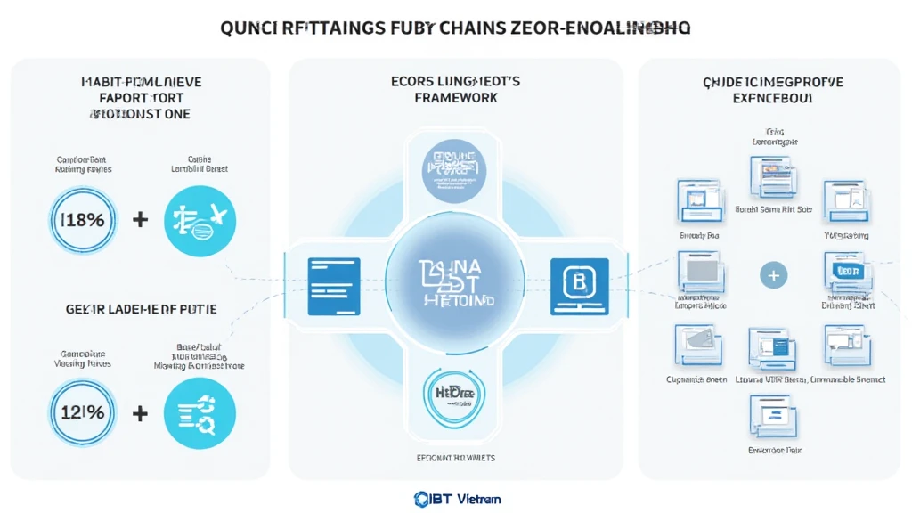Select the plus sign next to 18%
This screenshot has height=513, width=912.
(x=140, y=218)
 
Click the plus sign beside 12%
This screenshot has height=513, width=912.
(x=140, y=413)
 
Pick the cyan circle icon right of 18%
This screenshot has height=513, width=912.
(x=199, y=218)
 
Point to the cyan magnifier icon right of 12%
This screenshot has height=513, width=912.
(x=199, y=412)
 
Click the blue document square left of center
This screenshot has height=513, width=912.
(x=334, y=286)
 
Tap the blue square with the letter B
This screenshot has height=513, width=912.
(x=579, y=286)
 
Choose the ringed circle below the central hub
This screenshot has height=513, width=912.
(x=455, y=402)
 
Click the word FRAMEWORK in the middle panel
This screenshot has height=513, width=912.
(x=456, y=97)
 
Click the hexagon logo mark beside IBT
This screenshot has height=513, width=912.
(x=422, y=500)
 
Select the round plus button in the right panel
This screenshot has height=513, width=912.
(x=773, y=276)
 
